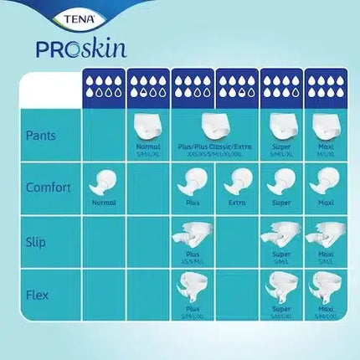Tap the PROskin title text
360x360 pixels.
pyautogui.click(x=81, y=48)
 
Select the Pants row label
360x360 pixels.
pyautogui.click(x=42, y=134)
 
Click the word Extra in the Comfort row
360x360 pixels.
pyautogui.click(x=237, y=201)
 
